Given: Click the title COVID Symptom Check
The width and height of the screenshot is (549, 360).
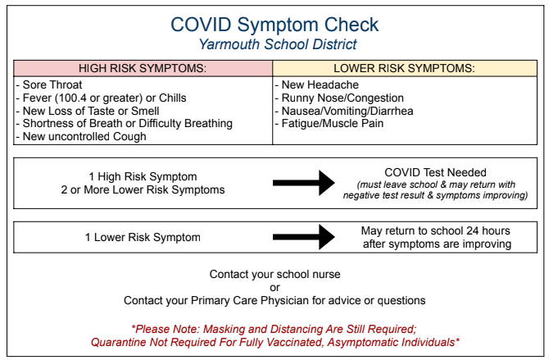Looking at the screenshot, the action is tap(274, 25).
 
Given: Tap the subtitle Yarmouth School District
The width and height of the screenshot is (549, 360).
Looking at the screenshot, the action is tap(278, 44).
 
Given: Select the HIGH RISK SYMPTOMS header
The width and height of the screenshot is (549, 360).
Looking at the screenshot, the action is tap(143, 68).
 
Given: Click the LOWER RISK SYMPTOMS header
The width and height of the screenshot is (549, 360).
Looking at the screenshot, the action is tap(405, 68).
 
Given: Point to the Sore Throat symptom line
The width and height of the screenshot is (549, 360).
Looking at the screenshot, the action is tap(49, 84).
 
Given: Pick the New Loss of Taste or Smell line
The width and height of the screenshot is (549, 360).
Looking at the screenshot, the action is tap(88, 111).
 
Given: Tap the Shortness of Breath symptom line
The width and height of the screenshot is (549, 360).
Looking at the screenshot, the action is tap(125, 124).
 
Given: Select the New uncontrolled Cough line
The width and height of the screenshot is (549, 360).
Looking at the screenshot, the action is tap(81, 136).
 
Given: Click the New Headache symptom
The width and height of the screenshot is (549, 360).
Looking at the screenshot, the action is tap(317, 84).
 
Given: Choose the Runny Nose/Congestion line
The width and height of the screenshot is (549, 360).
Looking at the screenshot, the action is tap(339, 98).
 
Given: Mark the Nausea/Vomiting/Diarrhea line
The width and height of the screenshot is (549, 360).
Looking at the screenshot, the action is tap(344, 111).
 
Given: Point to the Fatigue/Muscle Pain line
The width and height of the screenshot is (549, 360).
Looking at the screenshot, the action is tap(329, 123).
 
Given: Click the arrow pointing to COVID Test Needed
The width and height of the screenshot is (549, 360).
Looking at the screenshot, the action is tap(303, 183).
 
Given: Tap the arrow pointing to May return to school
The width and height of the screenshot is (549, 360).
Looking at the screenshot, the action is tap(303, 237).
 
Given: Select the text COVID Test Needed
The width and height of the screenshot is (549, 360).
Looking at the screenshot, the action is tap(435, 172).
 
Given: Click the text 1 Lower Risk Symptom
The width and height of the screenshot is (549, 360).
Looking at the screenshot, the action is tap(143, 237).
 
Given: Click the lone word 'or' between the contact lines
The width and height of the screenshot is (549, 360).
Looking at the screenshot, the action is tap(274, 288).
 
